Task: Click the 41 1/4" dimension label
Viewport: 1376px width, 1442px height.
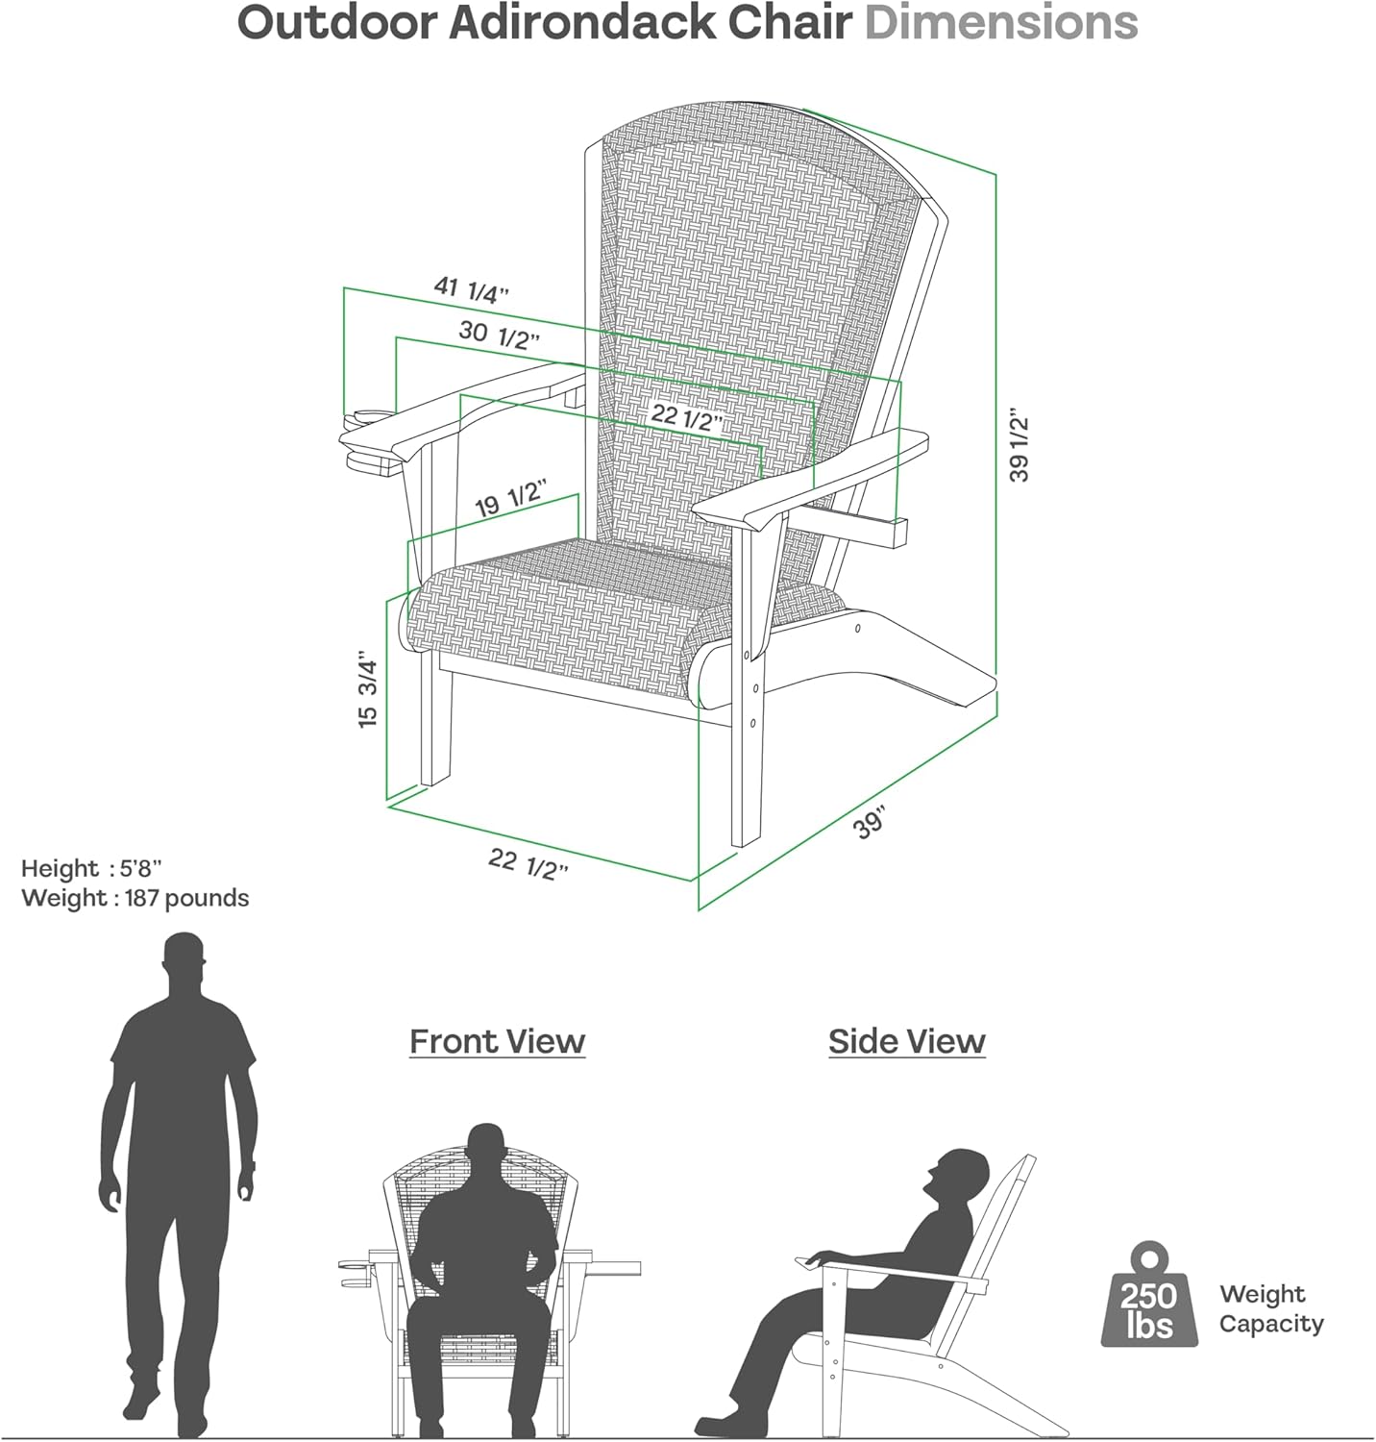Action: [x=471, y=289]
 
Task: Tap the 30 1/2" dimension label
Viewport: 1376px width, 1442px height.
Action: [x=499, y=334]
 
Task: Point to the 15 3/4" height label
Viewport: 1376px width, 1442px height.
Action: [x=368, y=689]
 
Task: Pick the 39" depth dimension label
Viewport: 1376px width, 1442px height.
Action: [x=870, y=824]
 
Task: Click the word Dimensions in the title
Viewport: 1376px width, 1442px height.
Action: [x=1001, y=23]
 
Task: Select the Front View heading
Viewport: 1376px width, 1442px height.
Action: [x=497, y=1041]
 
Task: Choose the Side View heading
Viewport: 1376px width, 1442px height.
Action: [x=907, y=1041]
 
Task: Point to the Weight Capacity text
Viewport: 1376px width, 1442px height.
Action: [x=1271, y=1308]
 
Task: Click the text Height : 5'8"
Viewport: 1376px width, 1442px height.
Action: [x=91, y=868]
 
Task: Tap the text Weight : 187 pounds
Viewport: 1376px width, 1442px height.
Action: [x=135, y=898]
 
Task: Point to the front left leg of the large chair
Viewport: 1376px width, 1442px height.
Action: [x=435, y=721]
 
